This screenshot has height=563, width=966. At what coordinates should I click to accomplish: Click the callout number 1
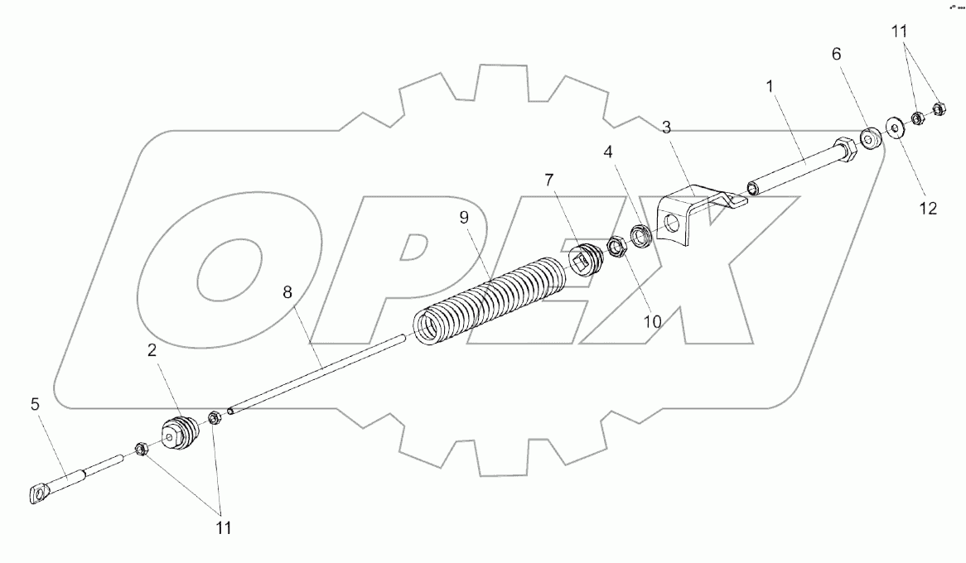pyautogui.click(x=772, y=85)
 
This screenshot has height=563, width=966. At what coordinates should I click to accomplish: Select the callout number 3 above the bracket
pyautogui.click(x=665, y=127)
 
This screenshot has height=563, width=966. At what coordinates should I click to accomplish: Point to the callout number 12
pyautogui.click(x=927, y=209)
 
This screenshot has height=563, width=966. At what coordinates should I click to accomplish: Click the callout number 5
pyautogui.click(x=35, y=406)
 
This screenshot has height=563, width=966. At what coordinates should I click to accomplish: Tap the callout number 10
pyautogui.click(x=652, y=321)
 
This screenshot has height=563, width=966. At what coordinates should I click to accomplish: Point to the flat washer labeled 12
pyautogui.click(x=895, y=128)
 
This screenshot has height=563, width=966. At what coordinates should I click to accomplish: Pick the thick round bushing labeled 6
pyautogui.click(x=870, y=140)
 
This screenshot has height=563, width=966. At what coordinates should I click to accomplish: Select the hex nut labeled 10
pyautogui.click(x=616, y=247)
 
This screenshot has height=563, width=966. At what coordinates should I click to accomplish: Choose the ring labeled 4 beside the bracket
pyautogui.click(x=641, y=236)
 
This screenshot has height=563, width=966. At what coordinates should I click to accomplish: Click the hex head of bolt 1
pyautogui.click(x=848, y=149)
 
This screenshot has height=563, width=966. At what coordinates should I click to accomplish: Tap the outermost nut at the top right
pyautogui.click(x=939, y=108)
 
